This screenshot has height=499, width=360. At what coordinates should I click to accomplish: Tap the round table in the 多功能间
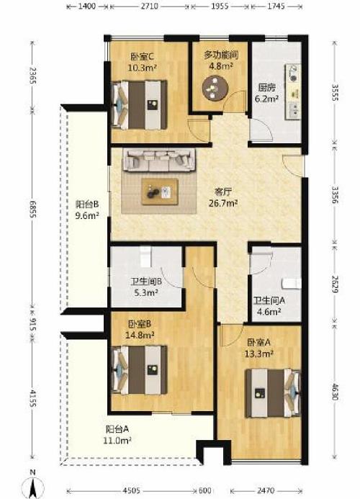(x=215, y=88)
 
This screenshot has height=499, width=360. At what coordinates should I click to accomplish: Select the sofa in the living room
(x=159, y=160)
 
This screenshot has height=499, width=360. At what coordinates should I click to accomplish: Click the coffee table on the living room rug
(x=160, y=192)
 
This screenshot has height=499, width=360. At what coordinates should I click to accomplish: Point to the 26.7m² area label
(x=223, y=203)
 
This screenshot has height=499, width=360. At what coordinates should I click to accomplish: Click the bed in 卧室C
(x=140, y=104)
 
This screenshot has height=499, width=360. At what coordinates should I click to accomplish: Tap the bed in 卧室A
(x=273, y=393)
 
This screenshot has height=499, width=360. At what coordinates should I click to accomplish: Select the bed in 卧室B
(x=140, y=370)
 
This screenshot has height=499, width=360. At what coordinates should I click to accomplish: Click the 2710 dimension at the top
(x=149, y=6)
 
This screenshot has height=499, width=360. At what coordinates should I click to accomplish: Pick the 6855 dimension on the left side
(x=32, y=209)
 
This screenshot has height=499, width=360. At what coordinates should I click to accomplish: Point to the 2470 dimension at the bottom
(x=266, y=490)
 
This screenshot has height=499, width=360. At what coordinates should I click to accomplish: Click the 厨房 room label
(x=266, y=88)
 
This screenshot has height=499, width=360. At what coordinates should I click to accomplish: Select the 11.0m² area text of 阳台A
(x=117, y=441)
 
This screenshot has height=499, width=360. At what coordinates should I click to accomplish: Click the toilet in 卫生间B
(x=145, y=256)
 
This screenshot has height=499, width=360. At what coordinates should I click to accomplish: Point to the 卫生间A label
(x=269, y=300)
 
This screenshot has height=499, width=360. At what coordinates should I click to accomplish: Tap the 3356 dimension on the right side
(x=336, y=194)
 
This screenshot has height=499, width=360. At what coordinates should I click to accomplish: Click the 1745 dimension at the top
(x=276, y=6)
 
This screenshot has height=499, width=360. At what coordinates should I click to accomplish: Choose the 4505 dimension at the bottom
(x=131, y=490)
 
